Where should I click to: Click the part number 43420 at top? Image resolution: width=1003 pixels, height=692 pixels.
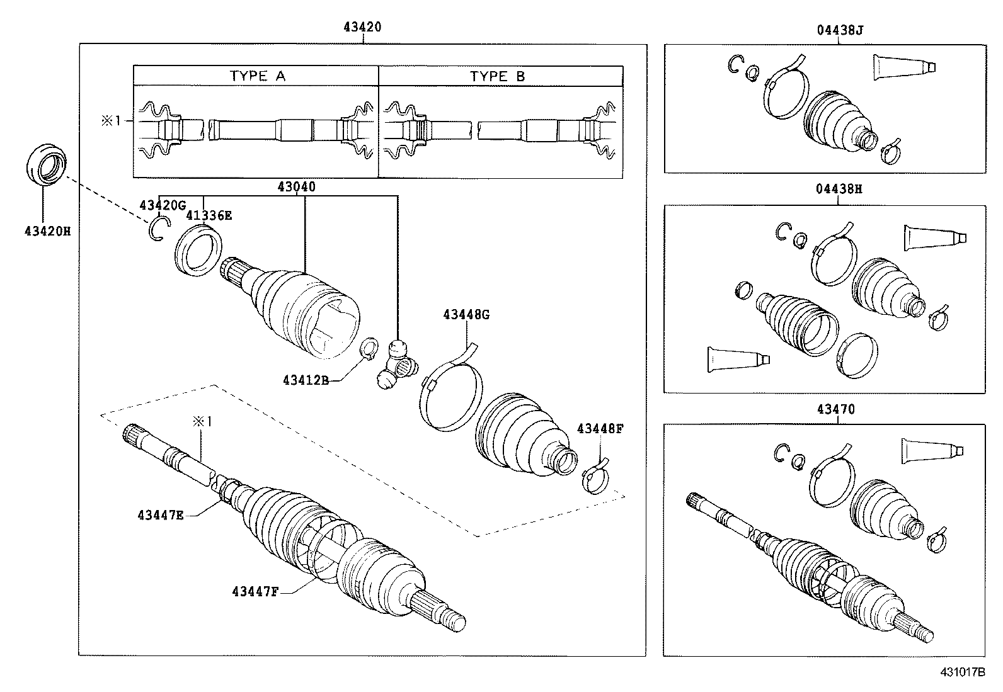pyautogui.click(x=362, y=27)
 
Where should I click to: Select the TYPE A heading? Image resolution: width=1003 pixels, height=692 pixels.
pyautogui.click(x=258, y=76)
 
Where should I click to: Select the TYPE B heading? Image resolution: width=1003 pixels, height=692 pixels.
pyautogui.click(x=497, y=77)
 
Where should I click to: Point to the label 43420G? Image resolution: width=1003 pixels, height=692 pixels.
pyautogui.click(x=163, y=205)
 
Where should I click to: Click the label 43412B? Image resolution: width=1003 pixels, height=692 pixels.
pyautogui.click(x=306, y=380)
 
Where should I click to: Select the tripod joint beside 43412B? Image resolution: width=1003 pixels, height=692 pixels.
pyautogui.click(x=395, y=366)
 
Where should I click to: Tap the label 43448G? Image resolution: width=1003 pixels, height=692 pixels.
pyautogui.click(x=466, y=314)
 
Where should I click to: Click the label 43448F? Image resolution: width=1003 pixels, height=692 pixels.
pyautogui.click(x=600, y=429)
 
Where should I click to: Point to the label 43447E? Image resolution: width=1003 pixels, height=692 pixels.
pyautogui.click(x=161, y=515)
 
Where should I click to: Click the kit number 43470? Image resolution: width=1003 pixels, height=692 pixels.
pyautogui.click(x=836, y=409)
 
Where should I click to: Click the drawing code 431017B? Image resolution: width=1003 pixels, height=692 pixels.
pyautogui.click(x=963, y=672)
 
